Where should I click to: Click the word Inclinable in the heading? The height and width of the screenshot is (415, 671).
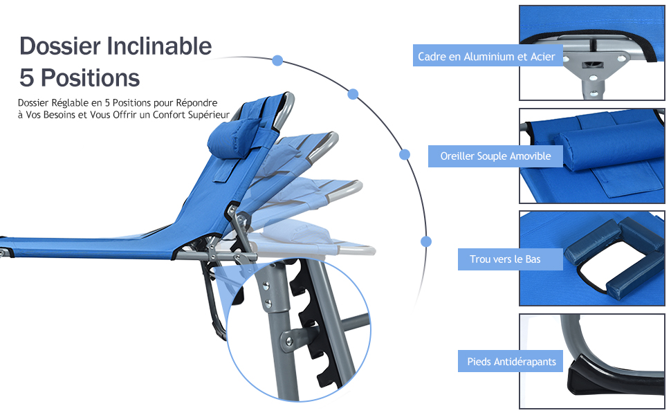pos(159,46)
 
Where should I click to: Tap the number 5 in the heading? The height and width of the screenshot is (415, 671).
pos(26,78)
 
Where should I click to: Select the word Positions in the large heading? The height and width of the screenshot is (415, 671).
pos(91,78)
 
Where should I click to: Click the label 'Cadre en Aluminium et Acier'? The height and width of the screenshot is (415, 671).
pos(487,56)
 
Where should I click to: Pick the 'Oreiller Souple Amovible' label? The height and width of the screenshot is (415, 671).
pos(495,156)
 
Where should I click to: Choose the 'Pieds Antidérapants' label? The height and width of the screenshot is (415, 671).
pos(510,362)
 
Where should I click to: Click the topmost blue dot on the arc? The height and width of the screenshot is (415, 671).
pos(277,60)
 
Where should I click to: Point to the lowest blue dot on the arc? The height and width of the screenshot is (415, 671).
pos(426,241)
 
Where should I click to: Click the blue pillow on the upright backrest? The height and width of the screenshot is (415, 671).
pos(233,137)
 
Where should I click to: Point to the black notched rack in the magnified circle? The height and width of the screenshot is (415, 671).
pos(315,325)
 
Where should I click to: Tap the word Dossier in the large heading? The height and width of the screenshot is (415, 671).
pos(60,46)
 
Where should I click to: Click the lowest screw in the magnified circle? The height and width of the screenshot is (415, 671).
pos(289,341)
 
